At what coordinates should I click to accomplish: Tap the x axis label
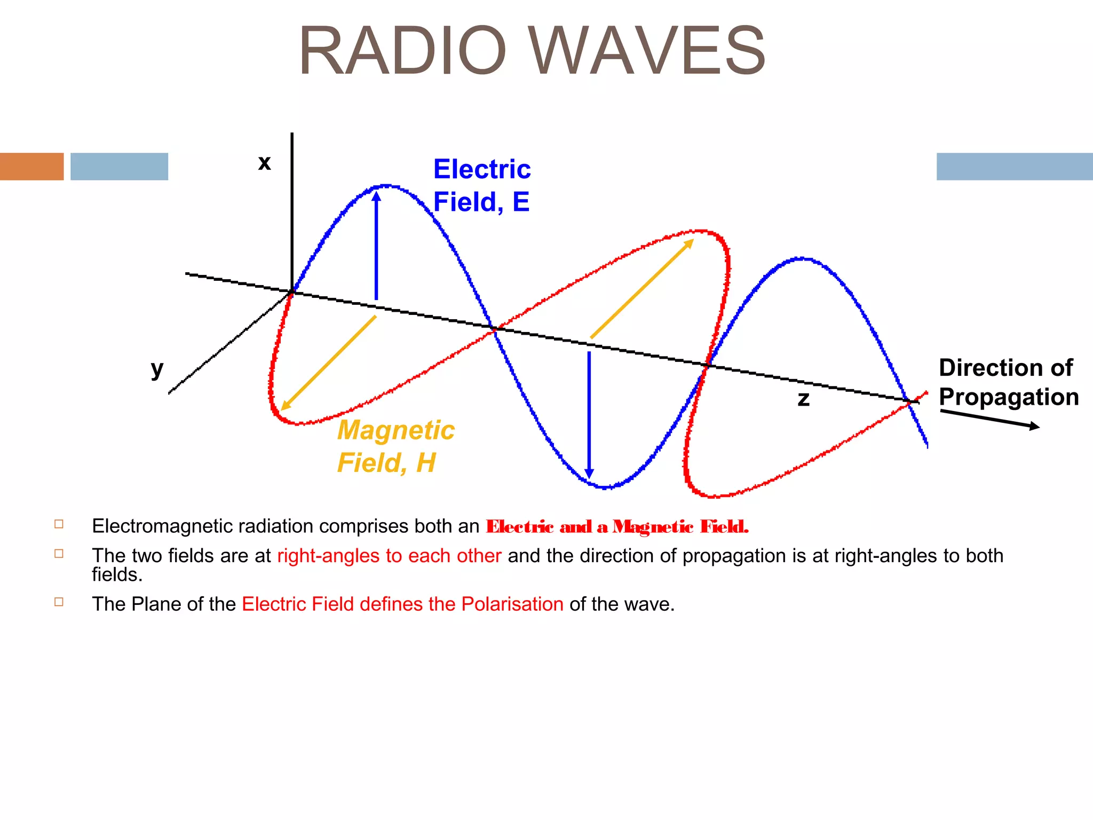(x=264, y=162)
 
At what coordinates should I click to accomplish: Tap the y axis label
(x=157, y=369)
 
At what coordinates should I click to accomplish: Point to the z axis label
(x=803, y=399)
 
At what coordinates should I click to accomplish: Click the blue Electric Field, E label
(x=481, y=185)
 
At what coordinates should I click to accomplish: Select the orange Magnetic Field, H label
(x=395, y=446)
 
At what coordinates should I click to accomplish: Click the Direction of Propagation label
(x=1008, y=382)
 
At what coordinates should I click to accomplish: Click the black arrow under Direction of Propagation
(x=989, y=419)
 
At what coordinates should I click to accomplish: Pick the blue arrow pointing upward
(x=376, y=246)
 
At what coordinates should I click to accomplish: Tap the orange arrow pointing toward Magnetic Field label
(x=329, y=363)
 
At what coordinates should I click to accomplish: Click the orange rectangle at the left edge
(x=31, y=167)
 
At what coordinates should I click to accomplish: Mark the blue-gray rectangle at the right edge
(x=1014, y=167)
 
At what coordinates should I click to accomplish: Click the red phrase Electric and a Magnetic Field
(x=617, y=527)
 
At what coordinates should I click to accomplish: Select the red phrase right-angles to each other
(x=389, y=556)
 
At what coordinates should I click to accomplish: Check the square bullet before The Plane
(x=59, y=602)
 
